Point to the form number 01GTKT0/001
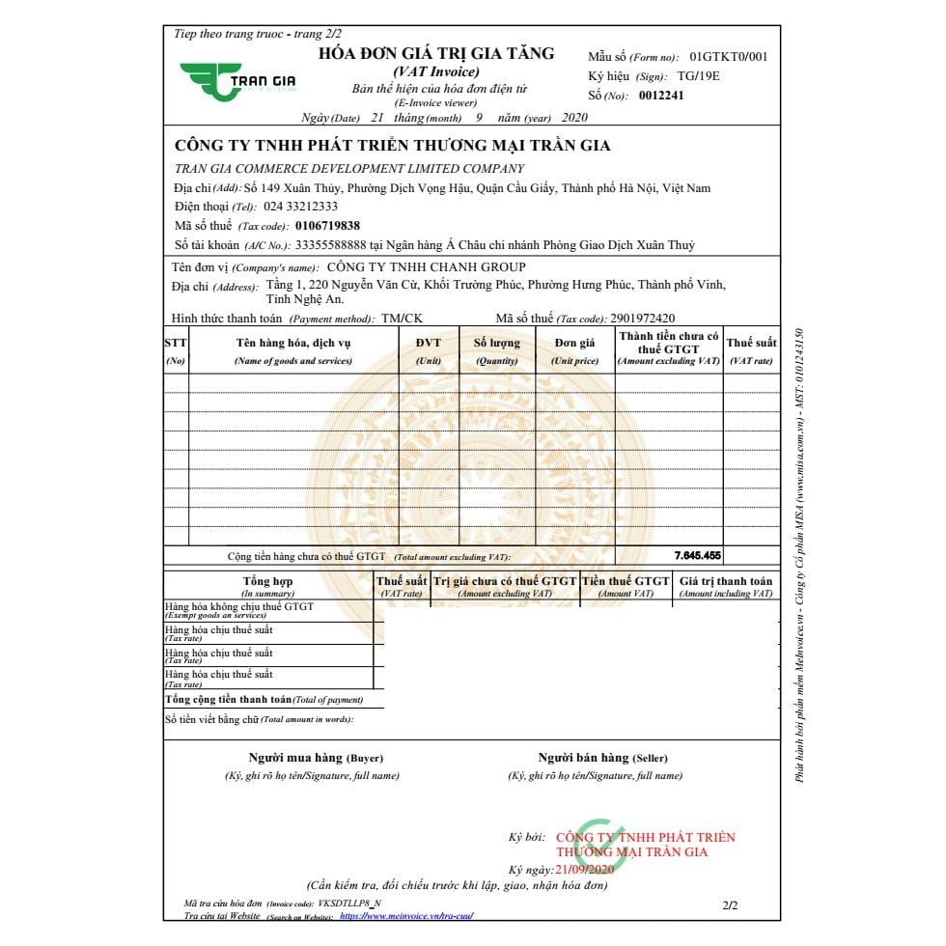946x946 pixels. (729, 57)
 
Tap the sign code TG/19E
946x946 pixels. (699, 76)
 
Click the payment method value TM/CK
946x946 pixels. (402, 319)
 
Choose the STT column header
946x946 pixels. (176, 349)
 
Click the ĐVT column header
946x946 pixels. (429, 349)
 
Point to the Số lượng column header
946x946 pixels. (496, 349)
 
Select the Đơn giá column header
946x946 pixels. (574, 349)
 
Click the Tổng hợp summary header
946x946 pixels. (267, 586)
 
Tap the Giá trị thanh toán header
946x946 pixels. (726, 586)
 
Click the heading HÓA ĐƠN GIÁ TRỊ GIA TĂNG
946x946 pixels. (436, 54)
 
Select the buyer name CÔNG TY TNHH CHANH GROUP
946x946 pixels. (427, 267)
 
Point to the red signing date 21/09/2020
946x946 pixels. (584, 870)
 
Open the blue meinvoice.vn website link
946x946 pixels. (406, 916)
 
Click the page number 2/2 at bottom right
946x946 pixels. (730, 906)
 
